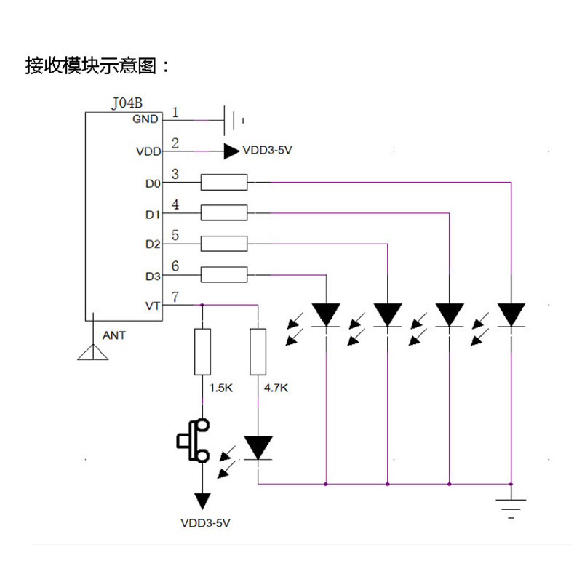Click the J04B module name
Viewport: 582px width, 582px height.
[x=127, y=103]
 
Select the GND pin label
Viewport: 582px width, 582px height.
[x=145, y=119]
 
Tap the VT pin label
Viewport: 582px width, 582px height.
[x=153, y=306]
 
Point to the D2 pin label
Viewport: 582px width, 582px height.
[x=153, y=244]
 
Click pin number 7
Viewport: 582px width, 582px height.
[x=175, y=297]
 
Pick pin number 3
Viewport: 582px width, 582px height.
[x=175, y=174]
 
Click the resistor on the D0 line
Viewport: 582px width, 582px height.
[x=224, y=183]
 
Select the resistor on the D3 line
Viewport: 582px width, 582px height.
[x=224, y=275]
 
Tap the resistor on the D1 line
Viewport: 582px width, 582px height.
[x=224, y=212]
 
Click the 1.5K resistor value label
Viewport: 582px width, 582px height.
[x=221, y=388]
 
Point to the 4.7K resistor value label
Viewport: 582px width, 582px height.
[x=276, y=388]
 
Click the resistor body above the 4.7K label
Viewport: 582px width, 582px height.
[x=258, y=351]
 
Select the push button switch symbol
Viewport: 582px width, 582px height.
[x=193, y=441]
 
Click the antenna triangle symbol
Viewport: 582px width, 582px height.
[x=93, y=352]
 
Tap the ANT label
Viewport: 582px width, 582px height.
[x=114, y=335]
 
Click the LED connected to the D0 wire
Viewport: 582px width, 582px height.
[x=511, y=315]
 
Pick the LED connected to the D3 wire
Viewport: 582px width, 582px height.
[x=326, y=315]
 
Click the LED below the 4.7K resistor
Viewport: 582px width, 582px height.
[x=258, y=448]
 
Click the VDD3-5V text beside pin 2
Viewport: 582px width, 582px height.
[x=267, y=151]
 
